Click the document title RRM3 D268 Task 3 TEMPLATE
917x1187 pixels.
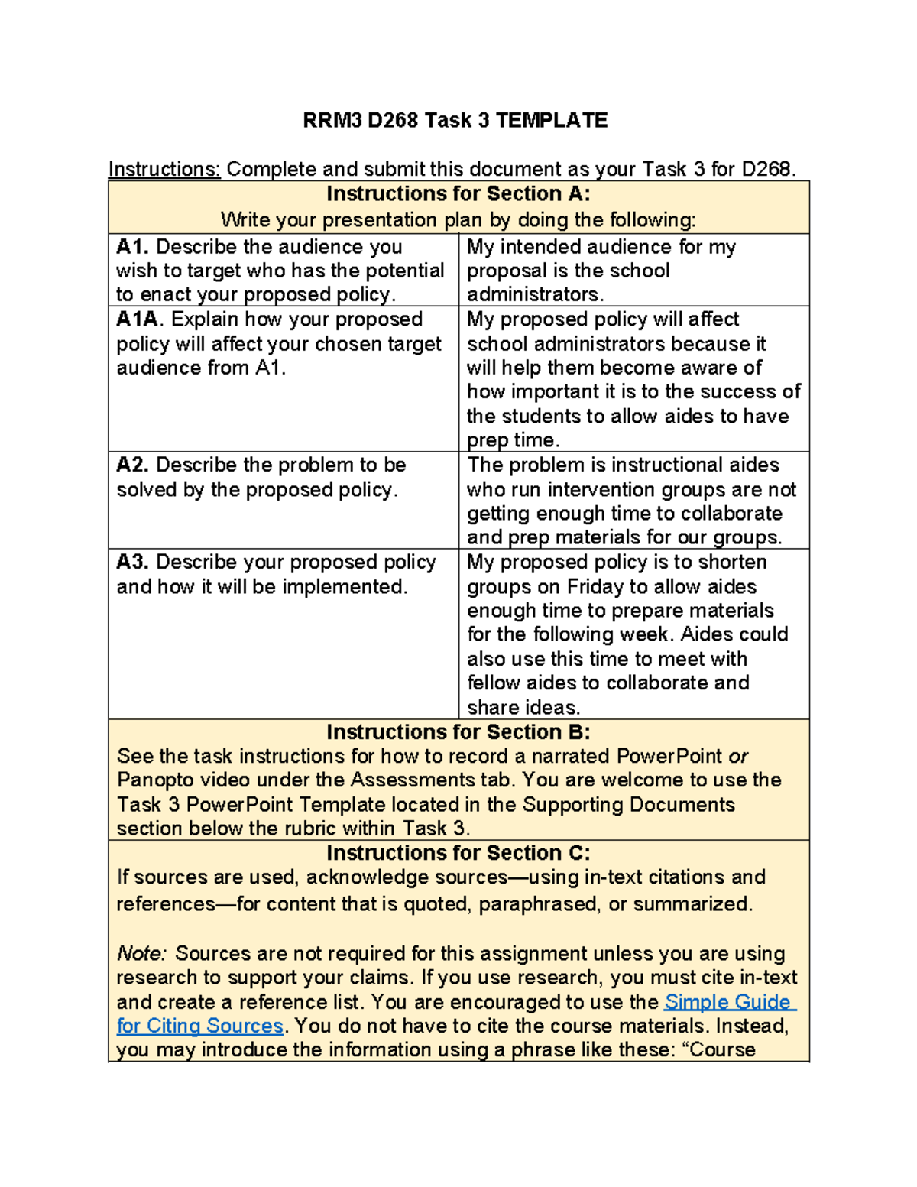click(455, 120)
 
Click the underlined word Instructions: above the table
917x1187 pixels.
click(164, 169)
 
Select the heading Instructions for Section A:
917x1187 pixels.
click(458, 194)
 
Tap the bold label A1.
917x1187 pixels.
click(133, 247)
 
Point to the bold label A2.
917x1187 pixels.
click(133, 465)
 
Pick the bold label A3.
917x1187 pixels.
click(133, 562)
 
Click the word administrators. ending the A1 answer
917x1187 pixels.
click(535, 294)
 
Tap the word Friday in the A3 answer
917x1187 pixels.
click(595, 586)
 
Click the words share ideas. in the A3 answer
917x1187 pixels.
click(523, 707)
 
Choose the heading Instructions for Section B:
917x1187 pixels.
click(458, 732)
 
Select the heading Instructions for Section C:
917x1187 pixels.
click(458, 853)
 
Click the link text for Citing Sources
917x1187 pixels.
click(199, 1026)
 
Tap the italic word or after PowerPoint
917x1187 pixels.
click(738, 756)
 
